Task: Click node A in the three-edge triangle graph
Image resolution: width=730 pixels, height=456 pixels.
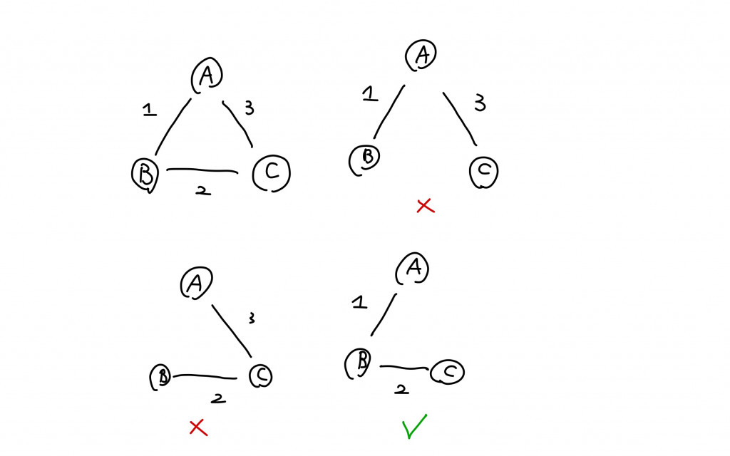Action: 207,76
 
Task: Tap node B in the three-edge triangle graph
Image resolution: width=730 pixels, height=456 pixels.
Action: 145,173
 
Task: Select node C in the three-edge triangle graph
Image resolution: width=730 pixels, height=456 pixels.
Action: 272,172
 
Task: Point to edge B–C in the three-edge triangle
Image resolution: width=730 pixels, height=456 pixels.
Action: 202,171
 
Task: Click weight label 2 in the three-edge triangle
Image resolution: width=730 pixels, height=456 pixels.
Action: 202,191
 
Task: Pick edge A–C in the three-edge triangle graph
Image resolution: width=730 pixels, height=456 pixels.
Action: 240,124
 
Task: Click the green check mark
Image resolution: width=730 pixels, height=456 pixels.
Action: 413,425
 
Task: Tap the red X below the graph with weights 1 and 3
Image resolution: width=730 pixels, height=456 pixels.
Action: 425,206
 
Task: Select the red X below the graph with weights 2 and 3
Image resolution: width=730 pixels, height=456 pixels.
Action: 197,427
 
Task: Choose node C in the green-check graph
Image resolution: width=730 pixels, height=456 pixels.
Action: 447,371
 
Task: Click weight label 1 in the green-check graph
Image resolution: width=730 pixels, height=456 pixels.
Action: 360,302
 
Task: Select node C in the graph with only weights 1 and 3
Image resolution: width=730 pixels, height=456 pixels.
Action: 484,172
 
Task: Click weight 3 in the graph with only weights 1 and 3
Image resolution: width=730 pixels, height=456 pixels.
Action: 480,104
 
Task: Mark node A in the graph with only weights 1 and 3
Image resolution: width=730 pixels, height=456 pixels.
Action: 421,54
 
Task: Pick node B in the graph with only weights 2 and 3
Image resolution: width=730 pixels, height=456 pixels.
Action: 162,377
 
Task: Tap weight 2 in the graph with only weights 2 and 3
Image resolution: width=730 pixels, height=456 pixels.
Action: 219,398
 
